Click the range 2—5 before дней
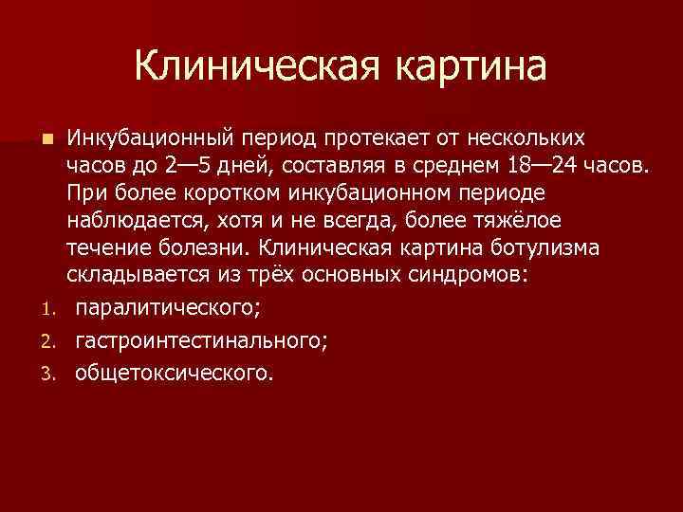[188, 168]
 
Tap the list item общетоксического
[173, 373]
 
